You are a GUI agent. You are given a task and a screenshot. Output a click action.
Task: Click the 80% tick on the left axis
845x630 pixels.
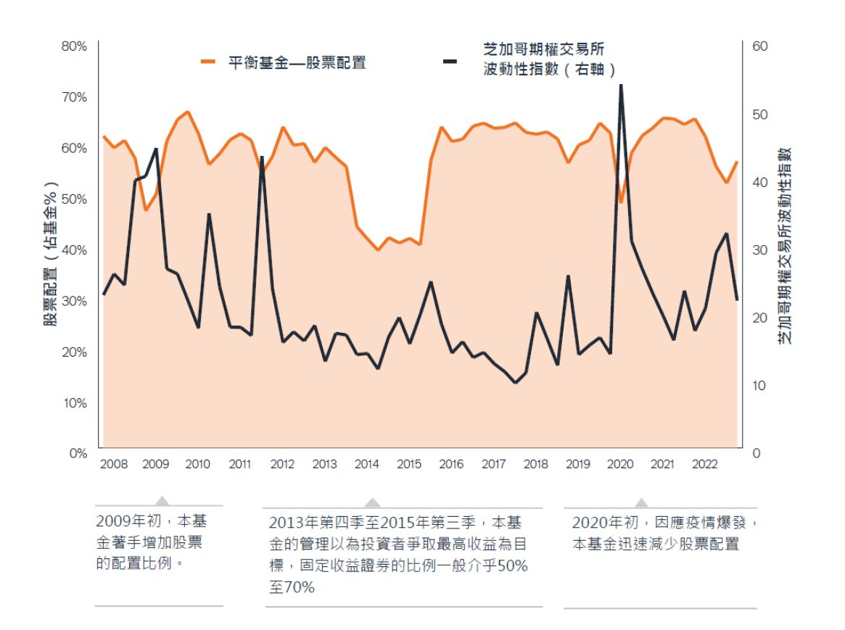click(x=73, y=46)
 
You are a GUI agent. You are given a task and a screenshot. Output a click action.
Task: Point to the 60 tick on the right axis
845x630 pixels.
click(x=759, y=46)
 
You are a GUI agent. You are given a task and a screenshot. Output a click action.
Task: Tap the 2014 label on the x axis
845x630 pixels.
click(x=366, y=464)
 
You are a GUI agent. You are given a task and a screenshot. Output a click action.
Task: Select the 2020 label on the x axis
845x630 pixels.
click(x=620, y=464)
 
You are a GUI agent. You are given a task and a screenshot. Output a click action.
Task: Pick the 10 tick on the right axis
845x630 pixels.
click(x=759, y=385)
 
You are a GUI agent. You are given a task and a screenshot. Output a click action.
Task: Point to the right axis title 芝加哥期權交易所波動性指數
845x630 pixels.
click(x=786, y=246)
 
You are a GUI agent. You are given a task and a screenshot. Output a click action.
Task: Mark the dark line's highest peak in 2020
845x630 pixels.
click(x=621, y=86)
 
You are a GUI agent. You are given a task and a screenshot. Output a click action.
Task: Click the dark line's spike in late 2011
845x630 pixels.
click(x=261, y=157)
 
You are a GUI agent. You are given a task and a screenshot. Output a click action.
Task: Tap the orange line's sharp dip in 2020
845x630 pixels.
click(x=621, y=202)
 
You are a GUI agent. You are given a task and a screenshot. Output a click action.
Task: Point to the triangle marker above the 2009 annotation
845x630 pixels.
click(x=162, y=500)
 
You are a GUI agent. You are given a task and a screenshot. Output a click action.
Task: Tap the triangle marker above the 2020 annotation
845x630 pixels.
click(x=641, y=502)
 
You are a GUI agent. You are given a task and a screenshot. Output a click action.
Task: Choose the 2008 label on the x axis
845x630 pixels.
click(x=113, y=464)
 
